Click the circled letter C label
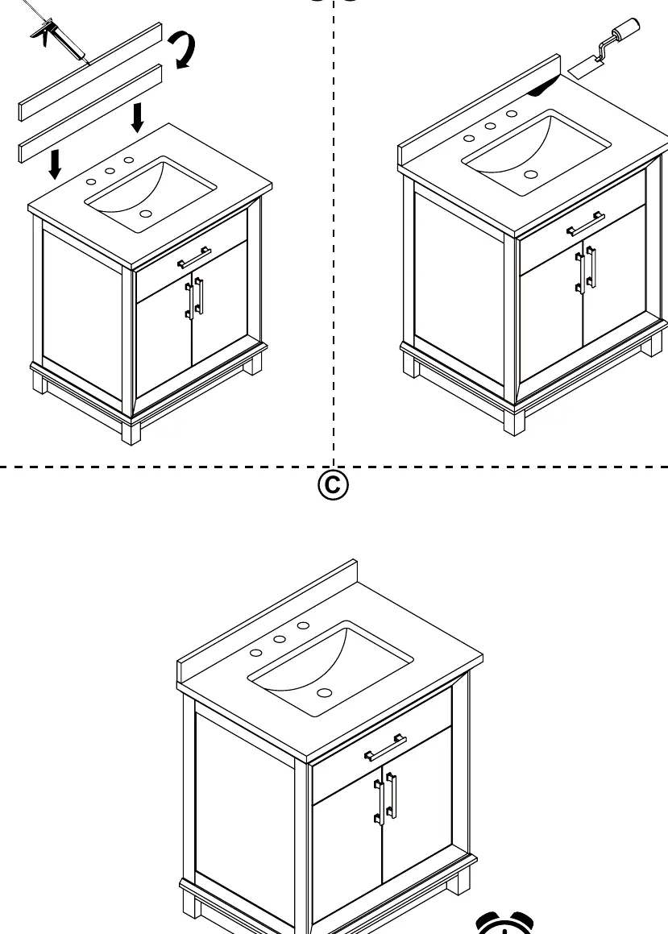pos(333,485)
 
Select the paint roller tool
pos(605,48)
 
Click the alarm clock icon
pos(505,923)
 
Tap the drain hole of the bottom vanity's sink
pos(325,693)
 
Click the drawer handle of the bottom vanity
pos(385,747)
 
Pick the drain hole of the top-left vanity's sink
pos(146,214)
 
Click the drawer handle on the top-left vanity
pos(194,257)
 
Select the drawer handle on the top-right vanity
pos(585,223)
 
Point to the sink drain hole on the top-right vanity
pos(531,175)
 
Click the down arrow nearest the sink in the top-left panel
pos(138,118)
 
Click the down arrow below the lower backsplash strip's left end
pos(55,164)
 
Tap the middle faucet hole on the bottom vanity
pos(280,639)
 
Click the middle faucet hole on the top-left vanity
pos(110,171)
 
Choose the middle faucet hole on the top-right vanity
pos(491,126)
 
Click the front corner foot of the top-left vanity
pos(131,433)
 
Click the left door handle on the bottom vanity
pos(380,802)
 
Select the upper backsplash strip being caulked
pos(90,72)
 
